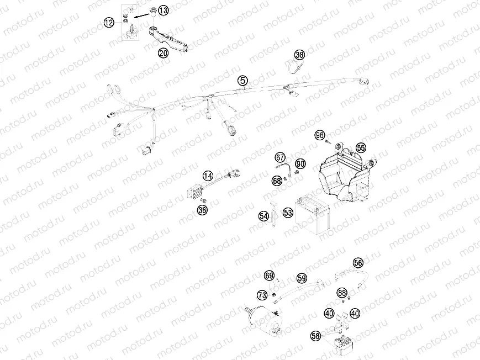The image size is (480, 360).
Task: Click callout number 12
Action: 109,22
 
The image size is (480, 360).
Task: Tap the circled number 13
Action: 163,10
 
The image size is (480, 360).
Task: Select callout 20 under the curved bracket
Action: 163,53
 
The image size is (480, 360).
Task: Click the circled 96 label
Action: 319,135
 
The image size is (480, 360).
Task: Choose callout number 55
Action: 361,147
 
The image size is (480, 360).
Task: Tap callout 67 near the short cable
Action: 280,157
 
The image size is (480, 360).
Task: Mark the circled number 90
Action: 300,164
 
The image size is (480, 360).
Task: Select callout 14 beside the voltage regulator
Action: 208,176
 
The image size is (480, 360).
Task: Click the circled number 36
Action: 203,210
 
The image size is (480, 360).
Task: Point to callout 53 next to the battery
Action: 288,212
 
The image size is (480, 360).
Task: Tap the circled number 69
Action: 269,275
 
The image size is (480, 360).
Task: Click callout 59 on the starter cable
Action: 302,278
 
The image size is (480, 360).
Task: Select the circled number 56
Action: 358,263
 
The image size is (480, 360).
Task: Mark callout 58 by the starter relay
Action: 315,335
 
